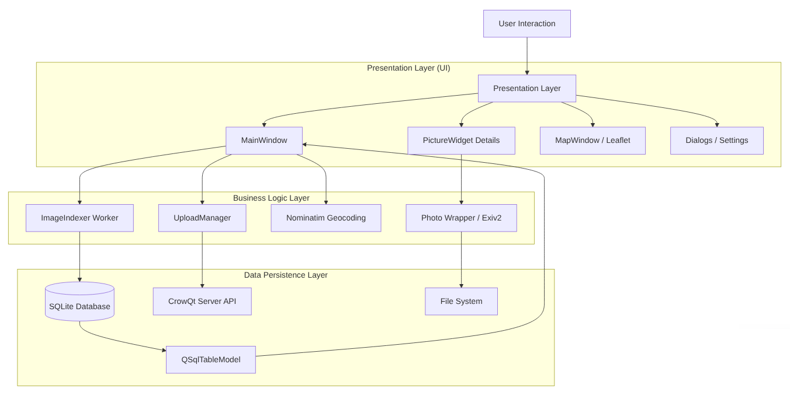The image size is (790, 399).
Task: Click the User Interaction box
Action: pyautogui.click(x=526, y=24)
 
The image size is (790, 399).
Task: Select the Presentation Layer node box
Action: pyautogui.click(x=526, y=89)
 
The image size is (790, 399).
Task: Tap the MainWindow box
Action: pyautogui.click(x=264, y=141)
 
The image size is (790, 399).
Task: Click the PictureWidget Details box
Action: pyautogui.click(x=461, y=141)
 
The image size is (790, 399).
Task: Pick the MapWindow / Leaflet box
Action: pyautogui.click(x=592, y=141)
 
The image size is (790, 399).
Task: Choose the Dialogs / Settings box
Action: pyautogui.click(x=716, y=141)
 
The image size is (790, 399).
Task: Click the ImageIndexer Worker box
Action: pyautogui.click(x=79, y=218)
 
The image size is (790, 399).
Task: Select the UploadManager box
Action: pyautogui.click(x=202, y=218)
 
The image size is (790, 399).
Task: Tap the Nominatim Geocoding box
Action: pyautogui.click(x=325, y=218)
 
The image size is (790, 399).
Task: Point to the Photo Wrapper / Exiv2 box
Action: pyautogui.click(x=461, y=218)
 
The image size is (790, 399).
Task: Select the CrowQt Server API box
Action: pyautogui.click(x=202, y=302)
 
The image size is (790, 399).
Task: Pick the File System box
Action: pyautogui.click(x=461, y=302)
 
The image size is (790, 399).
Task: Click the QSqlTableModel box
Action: pyautogui.click(x=211, y=360)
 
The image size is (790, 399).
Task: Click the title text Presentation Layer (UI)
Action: pyautogui.click(x=408, y=68)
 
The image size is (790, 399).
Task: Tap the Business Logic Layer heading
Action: pyautogui.click(x=271, y=198)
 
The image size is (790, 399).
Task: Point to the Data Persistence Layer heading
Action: pyautogui.click(x=286, y=275)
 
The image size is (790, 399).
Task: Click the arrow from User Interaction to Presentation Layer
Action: pyautogui.click(x=527, y=56)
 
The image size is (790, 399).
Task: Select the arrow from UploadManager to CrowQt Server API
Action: pyautogui.click(x=202, y=260)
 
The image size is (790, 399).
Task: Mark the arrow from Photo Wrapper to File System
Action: pyautogui.click(x=461, y=260)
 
